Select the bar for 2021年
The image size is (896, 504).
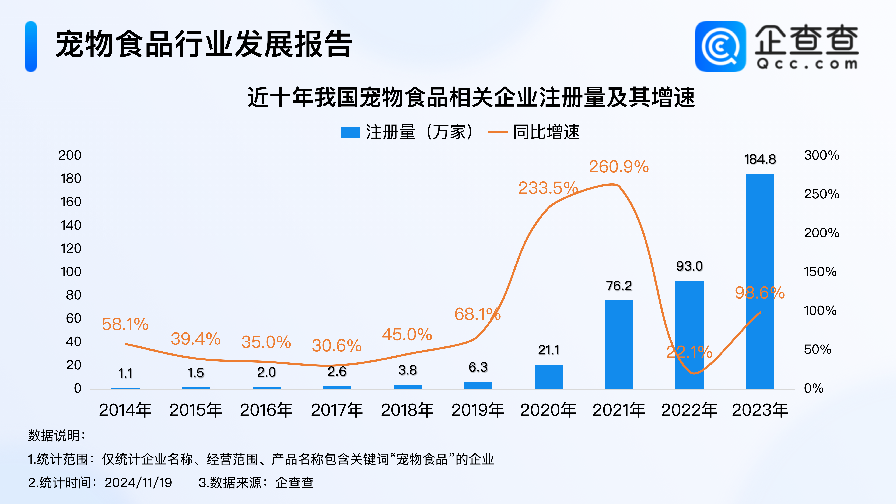click(619, 344)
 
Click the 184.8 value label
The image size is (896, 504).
click(760, 159)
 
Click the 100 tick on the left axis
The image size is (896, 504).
click(71, 272)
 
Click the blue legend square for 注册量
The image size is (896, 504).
click(350, 132)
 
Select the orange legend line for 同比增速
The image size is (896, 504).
click(498, 132)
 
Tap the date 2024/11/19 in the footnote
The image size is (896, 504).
click(138, 482)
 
